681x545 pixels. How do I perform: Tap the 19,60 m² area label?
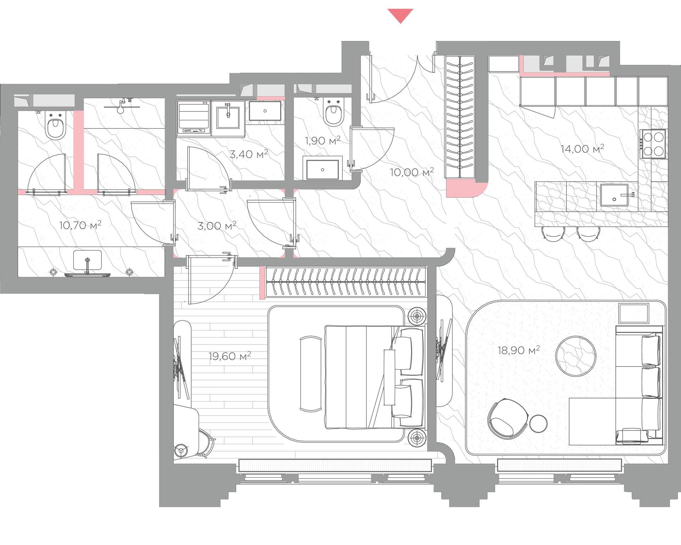point(230,356)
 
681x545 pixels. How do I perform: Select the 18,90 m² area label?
point(519,351)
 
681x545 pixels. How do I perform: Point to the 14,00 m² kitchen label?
point(582,148)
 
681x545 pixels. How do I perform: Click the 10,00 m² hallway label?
point(412,172)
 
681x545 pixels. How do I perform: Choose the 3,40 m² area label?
point(249,154)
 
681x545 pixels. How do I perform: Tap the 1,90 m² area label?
point(322,141)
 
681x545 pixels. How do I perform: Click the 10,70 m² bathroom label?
point(80,225)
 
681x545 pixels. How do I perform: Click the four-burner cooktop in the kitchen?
point(653,144)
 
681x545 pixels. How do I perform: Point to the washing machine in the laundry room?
point(193,118)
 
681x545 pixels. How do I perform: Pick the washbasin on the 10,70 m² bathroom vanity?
point(87,261)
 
